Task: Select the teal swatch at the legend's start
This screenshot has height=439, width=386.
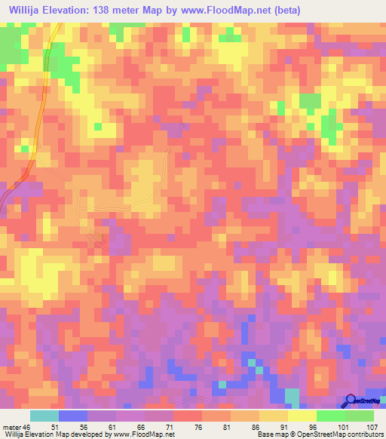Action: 44,416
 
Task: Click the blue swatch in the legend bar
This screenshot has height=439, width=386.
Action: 72,416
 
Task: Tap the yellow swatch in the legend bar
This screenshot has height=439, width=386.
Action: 302,416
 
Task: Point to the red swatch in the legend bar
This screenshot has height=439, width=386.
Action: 187,416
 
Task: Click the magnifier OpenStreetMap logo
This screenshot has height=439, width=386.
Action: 350,401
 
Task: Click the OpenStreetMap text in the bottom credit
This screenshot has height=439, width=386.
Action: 321,434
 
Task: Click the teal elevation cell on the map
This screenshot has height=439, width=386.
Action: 292,395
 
